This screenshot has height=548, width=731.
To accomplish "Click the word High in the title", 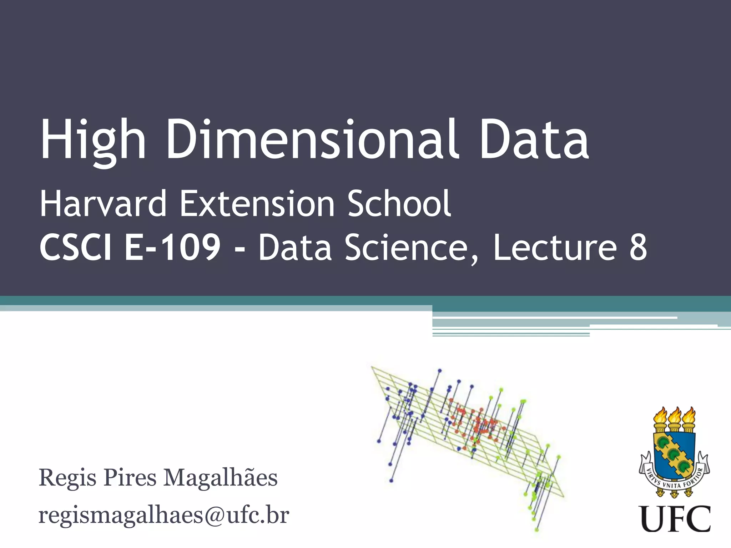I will [x=93, y=140].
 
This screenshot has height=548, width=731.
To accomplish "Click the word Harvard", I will [x=103, y=204].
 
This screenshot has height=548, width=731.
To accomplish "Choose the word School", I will [x=399, y=204].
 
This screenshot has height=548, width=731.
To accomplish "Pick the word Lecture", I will [x=555, y=248].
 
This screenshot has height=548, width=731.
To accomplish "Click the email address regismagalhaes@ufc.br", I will [x=163, y=515].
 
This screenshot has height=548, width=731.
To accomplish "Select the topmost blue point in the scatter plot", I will [x=440, y=371].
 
